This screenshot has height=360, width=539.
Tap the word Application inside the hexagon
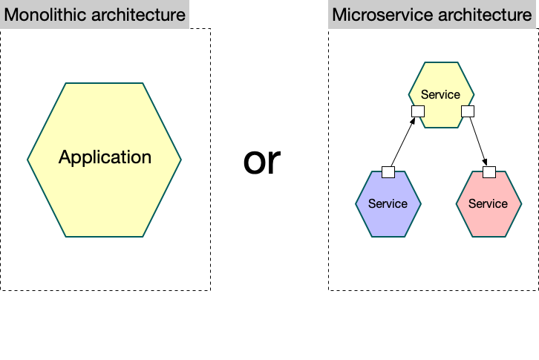[105, 157]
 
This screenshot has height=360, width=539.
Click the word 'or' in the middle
[263, 160]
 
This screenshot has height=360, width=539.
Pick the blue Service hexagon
[388, 215]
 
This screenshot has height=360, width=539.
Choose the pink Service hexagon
[488, 215]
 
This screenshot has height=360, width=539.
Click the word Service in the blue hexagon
[388, 203]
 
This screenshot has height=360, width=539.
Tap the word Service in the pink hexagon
[488, 203]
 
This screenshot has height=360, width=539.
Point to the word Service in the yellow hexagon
[441, 94]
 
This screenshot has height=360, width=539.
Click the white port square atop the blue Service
[388, 172]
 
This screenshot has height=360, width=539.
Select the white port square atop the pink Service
[489, 172]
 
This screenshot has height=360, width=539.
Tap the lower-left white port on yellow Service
[417, 111]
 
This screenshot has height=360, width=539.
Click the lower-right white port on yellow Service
[467, 111]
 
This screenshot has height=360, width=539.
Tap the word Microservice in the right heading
[371, 15]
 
